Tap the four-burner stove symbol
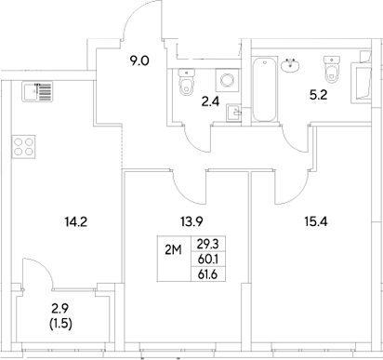(x=22, y=146)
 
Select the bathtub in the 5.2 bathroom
(x=265, y=91)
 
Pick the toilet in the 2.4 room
(x=186, y=87)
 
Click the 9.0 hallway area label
(x=139, y=62)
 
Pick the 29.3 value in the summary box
(x=208, y=243)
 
